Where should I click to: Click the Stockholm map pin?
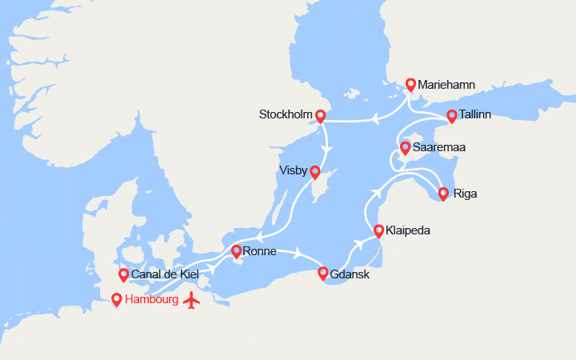(x=321, y=116)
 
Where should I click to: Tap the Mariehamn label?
(x=446, y=84)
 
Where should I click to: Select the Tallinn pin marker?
(x=452, y=116)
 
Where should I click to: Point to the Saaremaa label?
(x=440, y=148)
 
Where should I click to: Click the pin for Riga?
(x=443, y=193)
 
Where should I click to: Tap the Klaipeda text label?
(x=408, y=230)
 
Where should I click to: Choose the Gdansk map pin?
(x=323, y=274)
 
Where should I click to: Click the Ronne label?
(x=259, y=251)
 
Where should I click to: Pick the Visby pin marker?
(x=315, y=172)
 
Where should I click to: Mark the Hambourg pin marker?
(x=117, y=300)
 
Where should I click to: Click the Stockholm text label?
(x=285, y=114)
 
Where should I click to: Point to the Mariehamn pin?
(x=411, y=84)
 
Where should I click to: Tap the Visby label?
(x=294, y=170)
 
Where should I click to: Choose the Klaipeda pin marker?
(x=378, y=231)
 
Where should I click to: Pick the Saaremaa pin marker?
(x=406, y=148)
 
